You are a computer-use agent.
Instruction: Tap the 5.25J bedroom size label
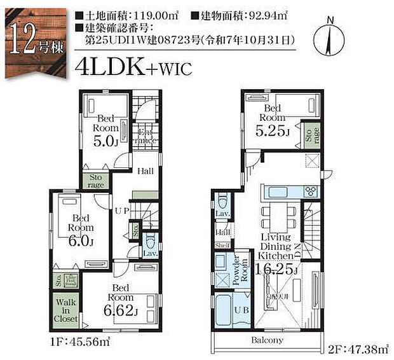pos(273,132)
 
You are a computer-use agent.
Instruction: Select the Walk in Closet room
pos(66,310)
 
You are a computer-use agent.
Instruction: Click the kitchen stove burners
pos(311,191)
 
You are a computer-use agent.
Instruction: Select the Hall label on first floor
pos(146,170)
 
